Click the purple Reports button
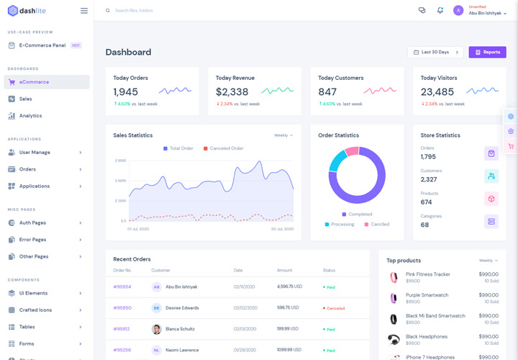pyautogui.click(x=487, y=53)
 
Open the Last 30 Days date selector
pyautogui.click(x=435, y=53)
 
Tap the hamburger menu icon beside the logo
pyautogui.click(x=84, y=11)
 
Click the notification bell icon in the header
pyautogui.click(x=440, y=11)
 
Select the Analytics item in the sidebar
pyautogui.click(x=30, y=116)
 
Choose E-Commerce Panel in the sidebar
pyautogui.click(x=42, y=45)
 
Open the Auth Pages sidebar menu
pyautogui.click(x=32, y=222)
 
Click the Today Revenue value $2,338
pyautogui.click(x=232, y=92)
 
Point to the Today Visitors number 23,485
pyautogui.click(x=437, y=92)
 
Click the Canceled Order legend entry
pyautogui.click(x=226, y=148)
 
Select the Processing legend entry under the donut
pyautogui.click(x=342, y=224)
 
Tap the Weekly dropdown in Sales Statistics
pyautogui.click(x=283, y=135)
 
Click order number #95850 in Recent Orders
pyautogui.click(x=122, y=307)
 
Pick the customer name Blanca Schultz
pyautogui.click(x=181, y=329)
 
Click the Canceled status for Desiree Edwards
pyautogui.click(x=335, y=308)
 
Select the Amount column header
pyautogui.click(x=284, y=270)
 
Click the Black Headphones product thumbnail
pyautogui.click(x=394, y=340)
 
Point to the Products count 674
pyautogui.click(x=427, y=202)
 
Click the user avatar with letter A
pyautogui.click(x=458, y=11)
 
